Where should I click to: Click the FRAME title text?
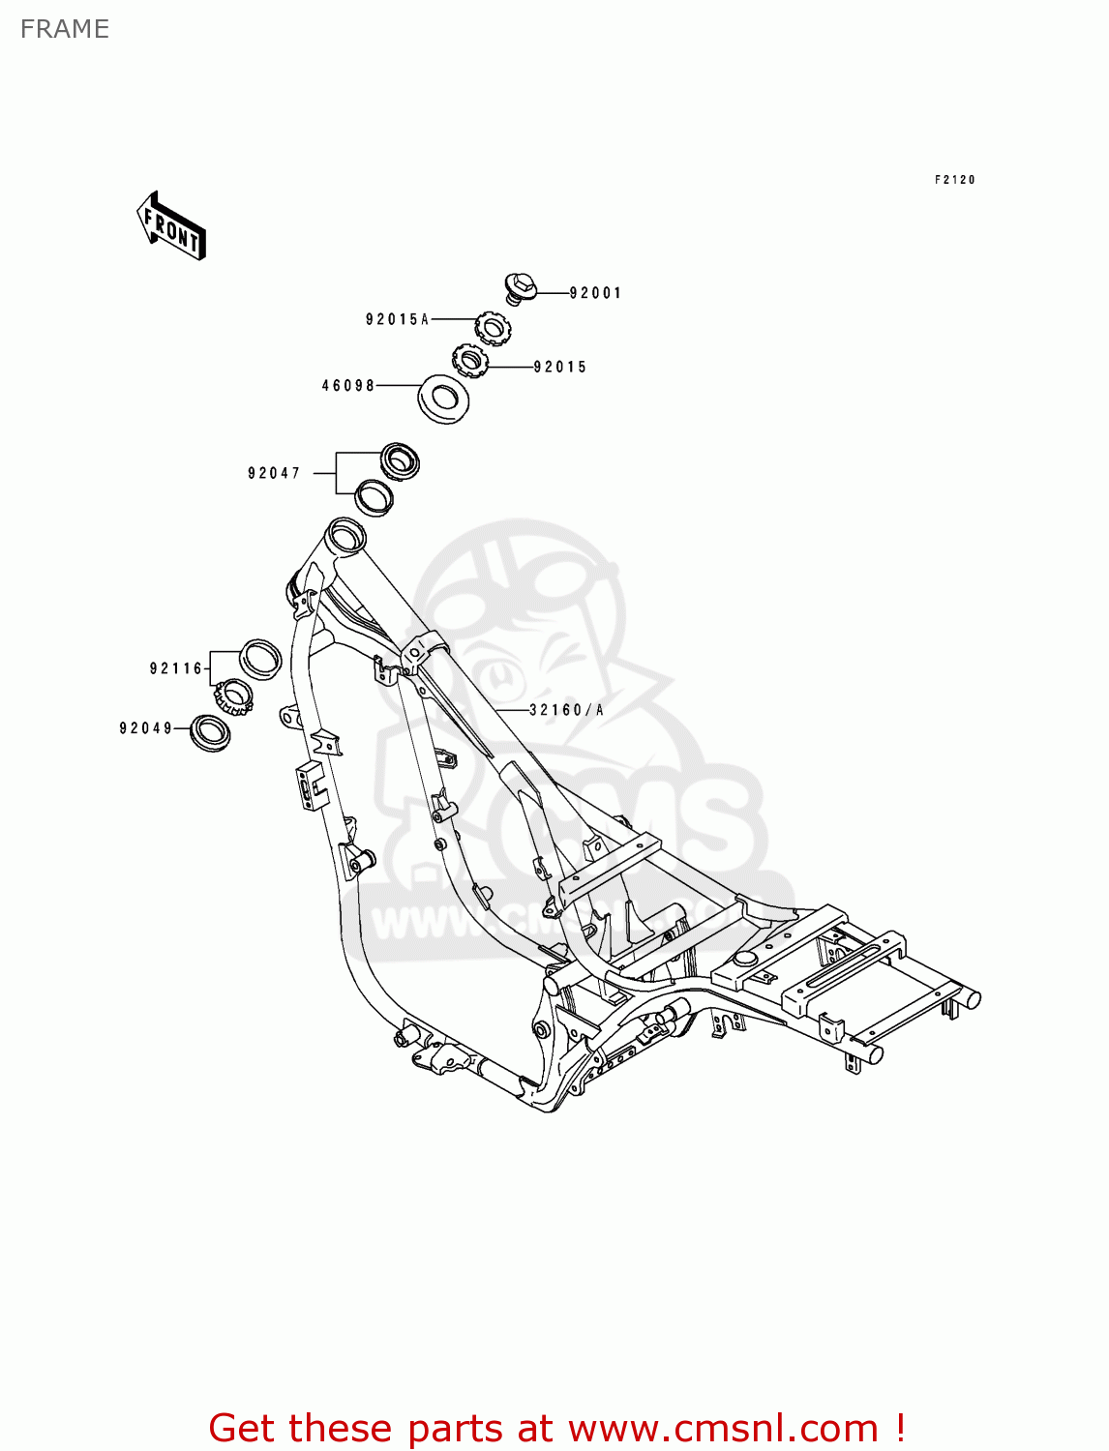[x=64, y=29]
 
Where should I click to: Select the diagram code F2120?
[x=954, y=180]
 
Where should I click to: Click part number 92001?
[x=595, y=293]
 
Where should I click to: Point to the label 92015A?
[x=397, y=319]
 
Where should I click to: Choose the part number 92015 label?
[x=560, y=368]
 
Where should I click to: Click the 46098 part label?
[x=348, y=386]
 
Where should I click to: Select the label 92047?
[x=274, y=473]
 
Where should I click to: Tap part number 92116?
[x=176, y=668]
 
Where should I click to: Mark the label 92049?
[x=146, y=728]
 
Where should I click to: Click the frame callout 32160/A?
[x=566, y=710]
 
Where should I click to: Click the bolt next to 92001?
[x=520, y=287]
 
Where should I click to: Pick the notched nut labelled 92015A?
[x=493, y=327]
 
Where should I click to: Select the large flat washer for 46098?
[x=443, y=398]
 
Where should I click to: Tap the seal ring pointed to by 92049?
[x=210, y=732]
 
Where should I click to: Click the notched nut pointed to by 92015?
[x=470, y=363]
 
